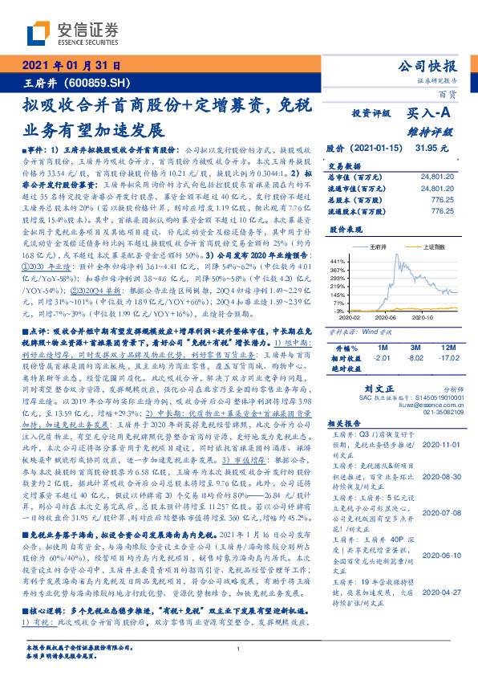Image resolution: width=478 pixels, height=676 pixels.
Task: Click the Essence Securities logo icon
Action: coord(41,33)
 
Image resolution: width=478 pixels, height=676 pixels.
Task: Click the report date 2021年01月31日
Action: coord(70,66)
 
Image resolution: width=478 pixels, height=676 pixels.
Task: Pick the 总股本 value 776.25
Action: coord(442,197)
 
